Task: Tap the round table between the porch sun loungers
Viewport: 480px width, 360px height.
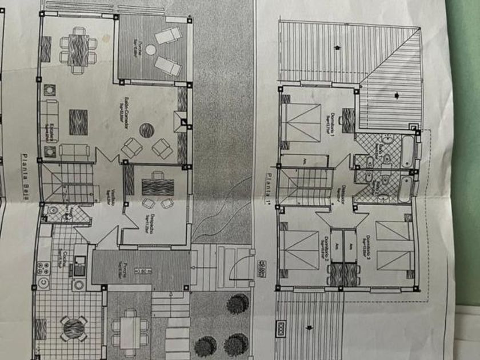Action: pos(150,50)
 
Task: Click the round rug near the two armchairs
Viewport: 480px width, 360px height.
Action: pos(146,130)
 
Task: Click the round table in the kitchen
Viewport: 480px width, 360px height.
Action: pos(74,328)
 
